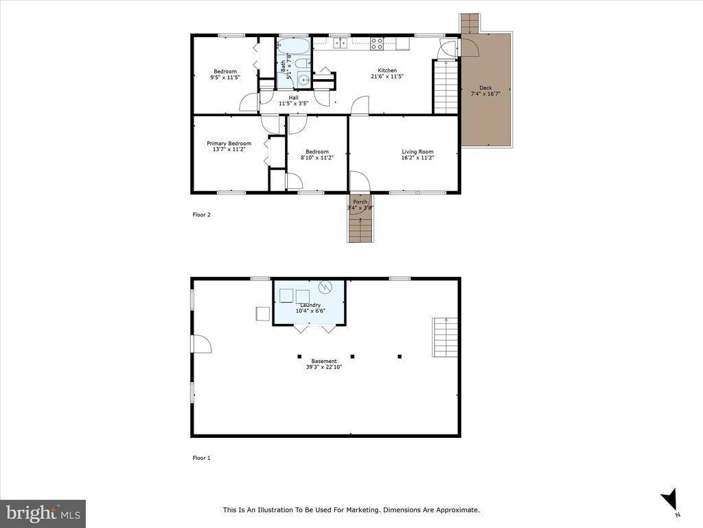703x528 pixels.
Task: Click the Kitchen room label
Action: (x=387, y=71)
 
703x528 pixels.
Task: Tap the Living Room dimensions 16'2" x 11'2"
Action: (x=417, y=157)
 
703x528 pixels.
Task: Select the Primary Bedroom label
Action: (x=229, y=143)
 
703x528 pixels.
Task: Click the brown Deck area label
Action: (x=485, y=88)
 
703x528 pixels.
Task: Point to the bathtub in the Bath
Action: (x=294, y=46)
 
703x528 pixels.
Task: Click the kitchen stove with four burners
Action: (x=377, y=43)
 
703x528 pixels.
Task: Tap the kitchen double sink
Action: (x=341, y=43)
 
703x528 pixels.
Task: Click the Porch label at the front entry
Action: (x=360, y=202)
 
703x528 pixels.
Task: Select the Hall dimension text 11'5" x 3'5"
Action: (x=294, y=103)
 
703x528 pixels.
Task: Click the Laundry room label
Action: (x=310, y=305)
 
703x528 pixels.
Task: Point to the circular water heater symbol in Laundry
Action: (x=325, y=287)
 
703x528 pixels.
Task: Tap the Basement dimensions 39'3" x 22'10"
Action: (x=324, y=367)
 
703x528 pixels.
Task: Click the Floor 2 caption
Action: (x=201, y=214)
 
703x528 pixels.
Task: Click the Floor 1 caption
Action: (x=201, y=458)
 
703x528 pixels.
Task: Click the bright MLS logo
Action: (x=43, y=514)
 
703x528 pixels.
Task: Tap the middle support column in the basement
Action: (x=352, y=357)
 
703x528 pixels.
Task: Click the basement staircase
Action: (x=445, y=337)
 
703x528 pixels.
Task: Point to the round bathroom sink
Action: (x=304, y=80)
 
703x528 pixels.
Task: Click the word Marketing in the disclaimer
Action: (x=363, y=510)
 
